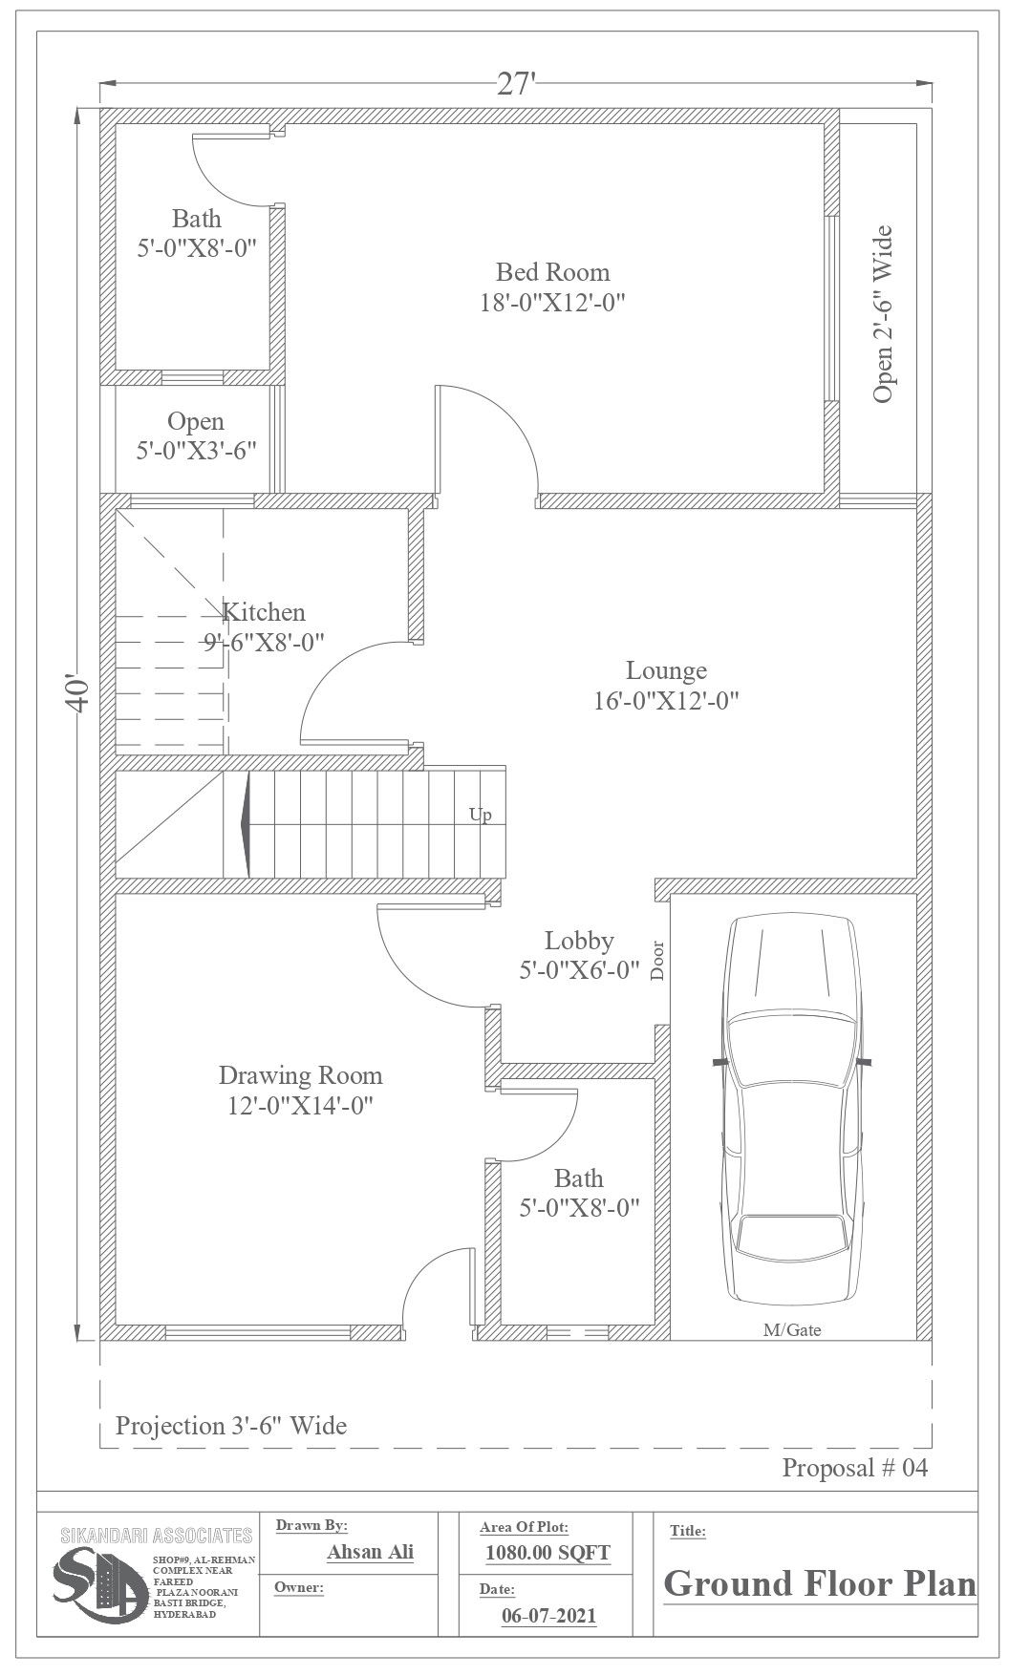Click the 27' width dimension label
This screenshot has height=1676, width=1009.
(516, 84)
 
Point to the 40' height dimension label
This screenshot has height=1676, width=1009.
(78, 694)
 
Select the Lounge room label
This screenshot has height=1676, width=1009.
(666, 670)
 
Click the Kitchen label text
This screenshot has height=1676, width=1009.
(264, 612)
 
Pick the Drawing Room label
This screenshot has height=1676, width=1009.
(300, 1076)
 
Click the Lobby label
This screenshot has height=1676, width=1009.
(578, 941)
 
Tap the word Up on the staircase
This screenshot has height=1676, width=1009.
(480, 816)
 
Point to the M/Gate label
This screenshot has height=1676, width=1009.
(792, 1329)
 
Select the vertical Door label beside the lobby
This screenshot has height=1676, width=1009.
(657, 961)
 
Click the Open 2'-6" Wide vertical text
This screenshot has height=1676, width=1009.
(883, 314)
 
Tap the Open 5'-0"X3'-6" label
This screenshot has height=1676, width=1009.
(196, 435)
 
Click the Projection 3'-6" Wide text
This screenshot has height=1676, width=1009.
(230, 1427)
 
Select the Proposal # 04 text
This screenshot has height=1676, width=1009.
(854, 1468)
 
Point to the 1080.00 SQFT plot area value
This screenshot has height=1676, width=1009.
(547, 1553)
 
